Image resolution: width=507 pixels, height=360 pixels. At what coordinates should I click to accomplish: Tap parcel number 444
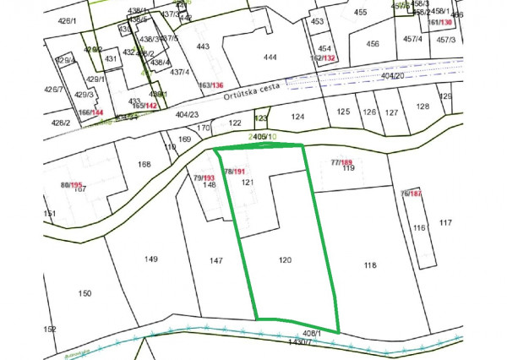[x=270, y=57]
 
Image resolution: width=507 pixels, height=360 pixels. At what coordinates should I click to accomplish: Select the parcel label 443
[x=202, y=47]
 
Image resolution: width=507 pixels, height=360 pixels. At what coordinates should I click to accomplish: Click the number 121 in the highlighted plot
[x=247, y=183]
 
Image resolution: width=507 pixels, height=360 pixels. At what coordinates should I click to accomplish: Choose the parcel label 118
[x=369, y=266]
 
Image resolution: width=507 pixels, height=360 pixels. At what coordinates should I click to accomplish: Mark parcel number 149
[x=151, y=259]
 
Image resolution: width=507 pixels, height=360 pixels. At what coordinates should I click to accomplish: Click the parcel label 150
[x=84, y=293]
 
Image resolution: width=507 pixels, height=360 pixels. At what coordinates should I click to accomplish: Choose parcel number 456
[x=372, y=43]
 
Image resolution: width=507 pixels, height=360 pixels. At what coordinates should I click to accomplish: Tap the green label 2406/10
[x=262, y=137]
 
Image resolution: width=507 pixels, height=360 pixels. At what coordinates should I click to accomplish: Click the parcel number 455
[x=361, y=13]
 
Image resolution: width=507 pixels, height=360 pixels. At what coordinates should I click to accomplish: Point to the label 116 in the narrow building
[x=418, y=228]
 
